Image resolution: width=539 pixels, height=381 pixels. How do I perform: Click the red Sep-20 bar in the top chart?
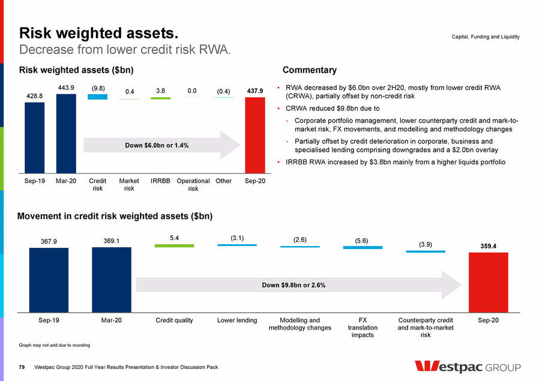[x=254, y=134]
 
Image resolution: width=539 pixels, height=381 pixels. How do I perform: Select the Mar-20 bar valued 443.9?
[x=66, y=133]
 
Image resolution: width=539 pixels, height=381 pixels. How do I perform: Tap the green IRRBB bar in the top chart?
[x=160, y=98]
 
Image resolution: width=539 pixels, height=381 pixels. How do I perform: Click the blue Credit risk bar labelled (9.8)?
[x=97, y=97]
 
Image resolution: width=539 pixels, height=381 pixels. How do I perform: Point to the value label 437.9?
[x=255, y=91]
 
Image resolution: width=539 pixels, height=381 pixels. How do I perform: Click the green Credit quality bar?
[x=174, y=245]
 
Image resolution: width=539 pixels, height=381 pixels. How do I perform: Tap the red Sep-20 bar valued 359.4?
[x=488, y=282]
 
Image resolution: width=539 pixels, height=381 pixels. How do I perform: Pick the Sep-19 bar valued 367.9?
[x=49, y=280]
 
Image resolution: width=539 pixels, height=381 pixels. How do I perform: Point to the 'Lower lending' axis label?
[x=237, y=320]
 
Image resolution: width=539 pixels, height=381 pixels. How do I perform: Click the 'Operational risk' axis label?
[x=193, y=185]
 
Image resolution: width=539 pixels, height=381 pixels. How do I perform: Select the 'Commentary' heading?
[x=309, y=70]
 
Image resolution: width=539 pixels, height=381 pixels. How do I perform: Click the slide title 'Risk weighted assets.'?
[x=99, y=32]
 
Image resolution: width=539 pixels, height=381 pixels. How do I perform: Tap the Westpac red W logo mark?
[x=427, y=367]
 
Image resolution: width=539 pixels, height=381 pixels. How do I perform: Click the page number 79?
[x=22, y=366]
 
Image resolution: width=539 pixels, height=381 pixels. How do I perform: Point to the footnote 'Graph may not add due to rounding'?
[x=55, y=346]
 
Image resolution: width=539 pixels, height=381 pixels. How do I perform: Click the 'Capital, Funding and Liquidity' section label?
[x=485, y=37]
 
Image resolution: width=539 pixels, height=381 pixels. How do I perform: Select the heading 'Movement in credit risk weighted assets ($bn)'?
[x=115, y=215]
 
